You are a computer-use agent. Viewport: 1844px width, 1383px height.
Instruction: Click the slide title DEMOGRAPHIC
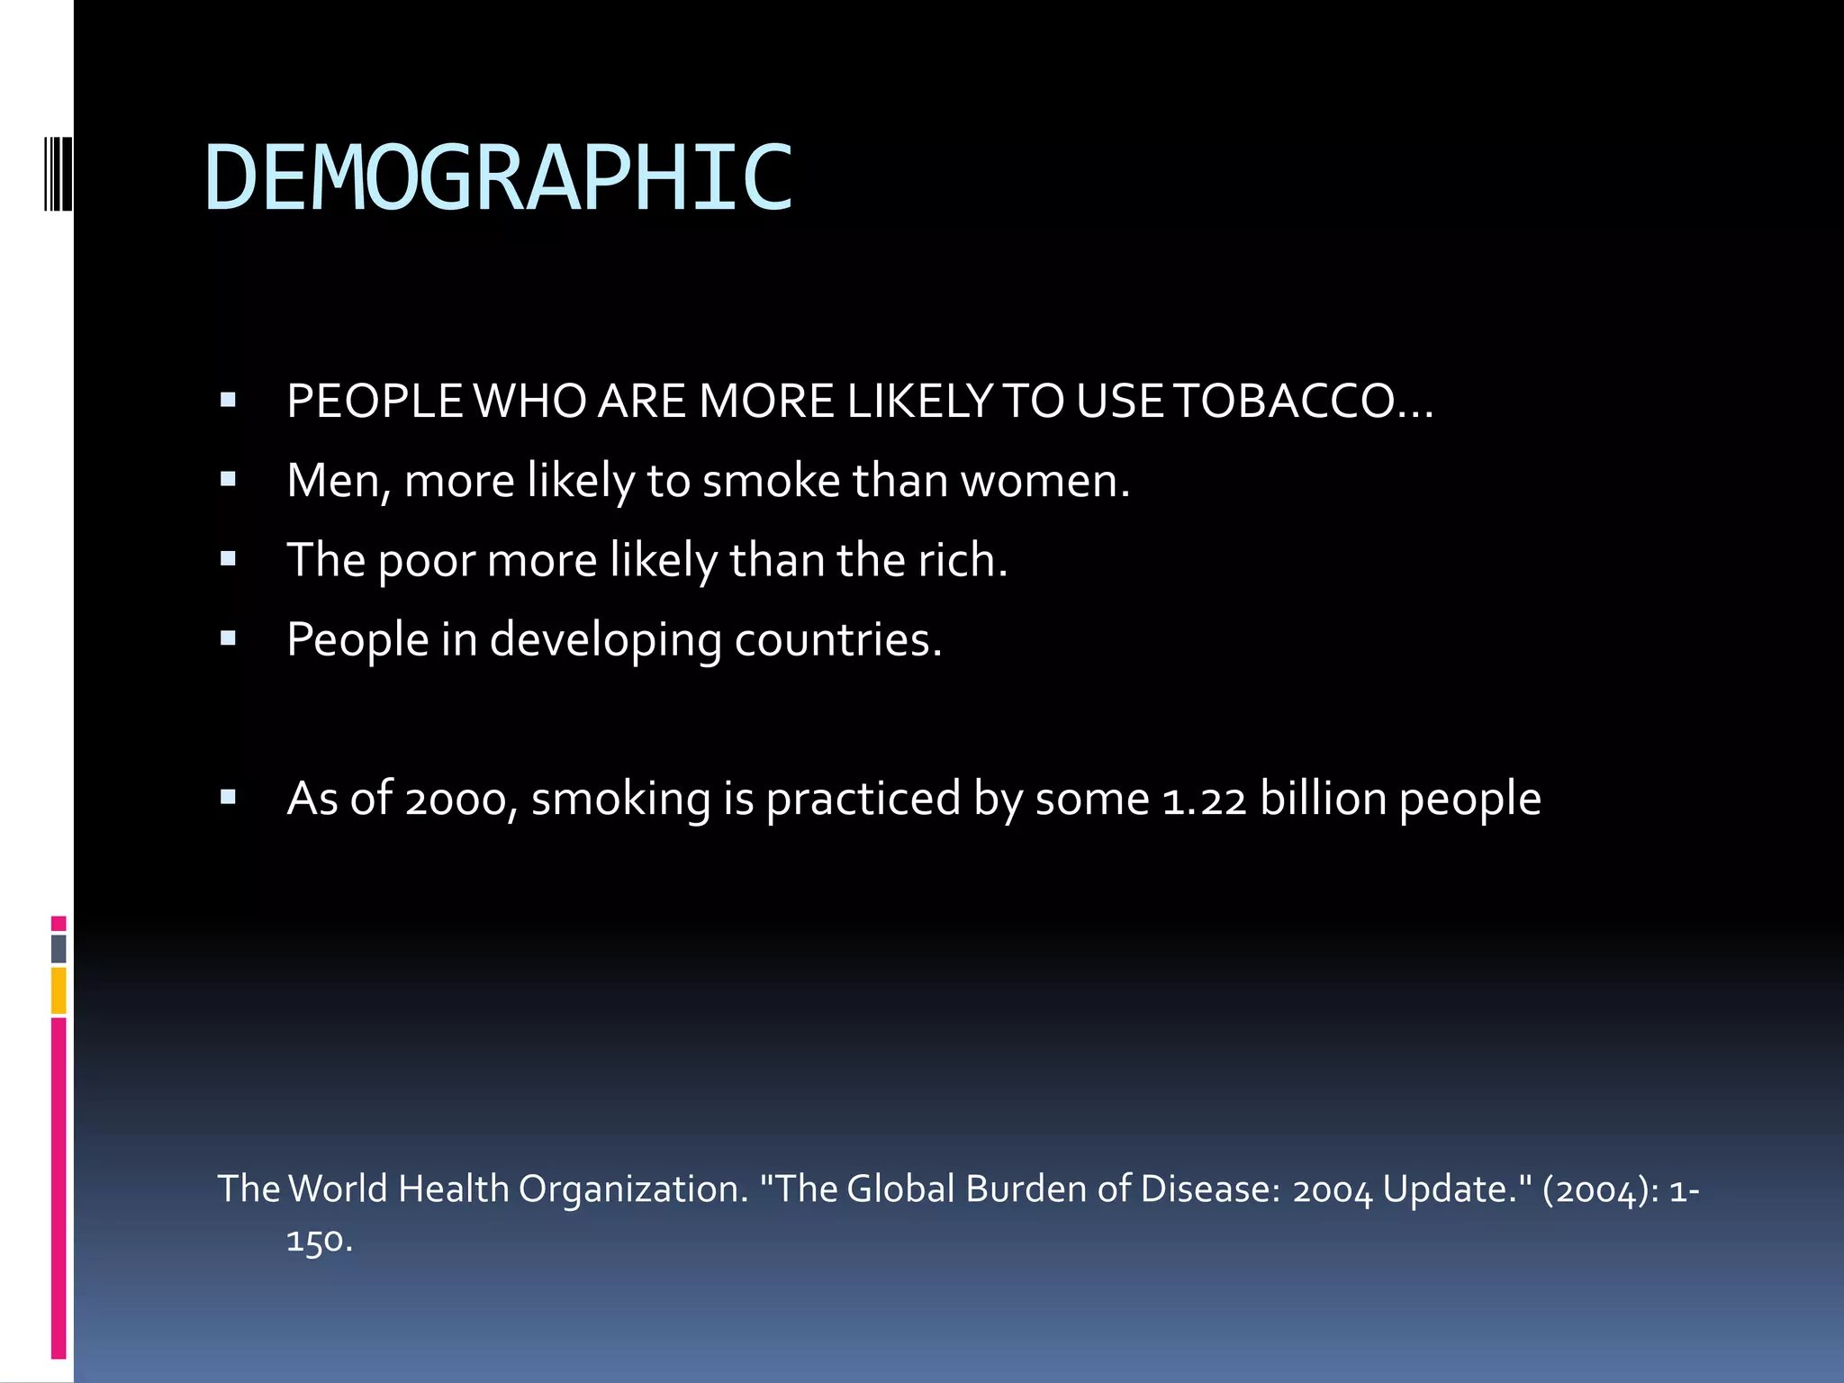coord(498,178)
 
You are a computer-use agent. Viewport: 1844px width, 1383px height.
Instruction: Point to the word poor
coord(426,561)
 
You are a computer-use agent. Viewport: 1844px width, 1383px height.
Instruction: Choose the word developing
coord(605,641)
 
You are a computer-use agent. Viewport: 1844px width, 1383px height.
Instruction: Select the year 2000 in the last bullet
coord(456,800)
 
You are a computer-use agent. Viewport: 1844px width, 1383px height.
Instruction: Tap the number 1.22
coord(1204,800)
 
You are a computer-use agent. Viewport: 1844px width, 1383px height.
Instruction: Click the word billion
coord(1323,798)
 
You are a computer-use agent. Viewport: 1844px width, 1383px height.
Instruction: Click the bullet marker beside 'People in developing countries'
coord(228,638)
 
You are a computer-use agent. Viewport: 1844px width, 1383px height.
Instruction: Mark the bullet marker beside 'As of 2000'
coord(228,797)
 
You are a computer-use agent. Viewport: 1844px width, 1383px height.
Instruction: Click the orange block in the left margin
coord(59,990)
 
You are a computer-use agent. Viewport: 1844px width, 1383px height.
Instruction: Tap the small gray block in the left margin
coord(59,948)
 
